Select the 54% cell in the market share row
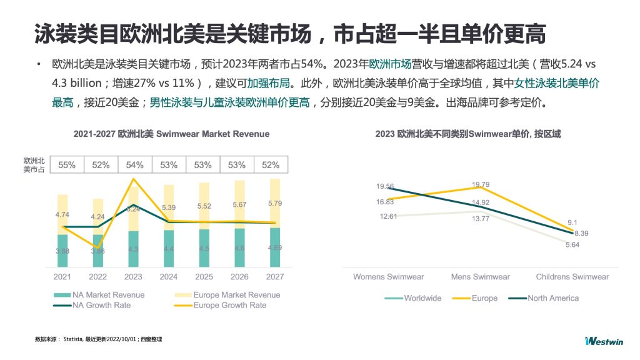tap(134, 165)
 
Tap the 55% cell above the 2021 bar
tap(67, 165)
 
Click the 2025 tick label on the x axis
tap(204, 277)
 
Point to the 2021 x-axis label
tap(62, 277)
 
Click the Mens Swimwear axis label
tap(480, 277)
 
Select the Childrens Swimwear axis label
tap(572, 277)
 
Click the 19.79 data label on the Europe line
tap(481, 184)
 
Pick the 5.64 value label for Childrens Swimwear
tap(572, 245)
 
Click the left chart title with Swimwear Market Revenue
tap(171, 134)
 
